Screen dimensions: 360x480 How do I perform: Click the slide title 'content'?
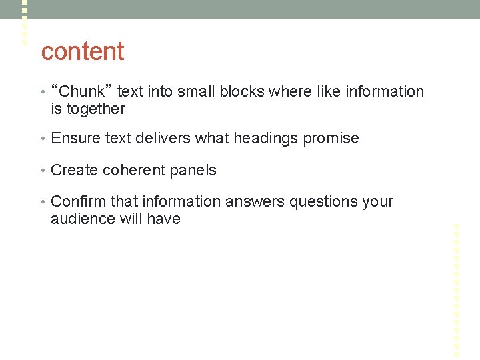83,51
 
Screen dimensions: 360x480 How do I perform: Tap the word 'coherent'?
133,170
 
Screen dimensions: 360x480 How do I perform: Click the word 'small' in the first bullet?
195,92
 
